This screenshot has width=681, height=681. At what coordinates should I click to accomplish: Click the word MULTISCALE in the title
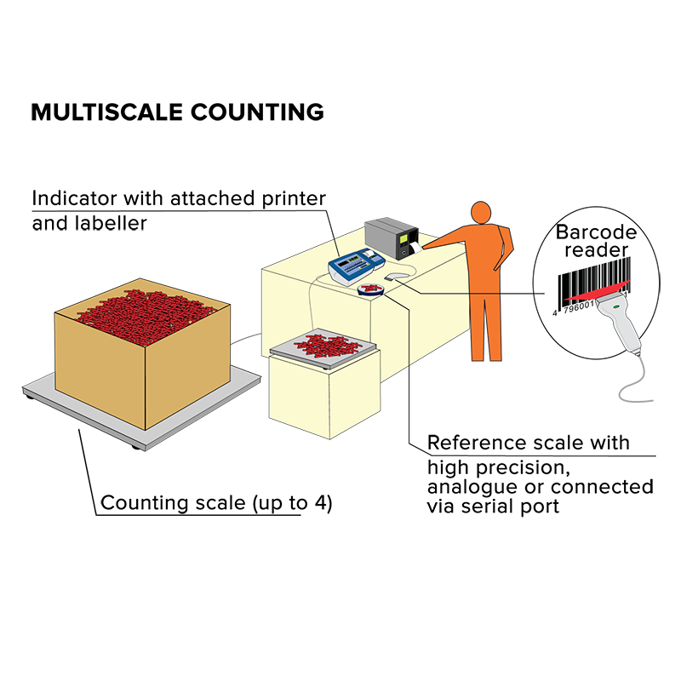tap(107, 112)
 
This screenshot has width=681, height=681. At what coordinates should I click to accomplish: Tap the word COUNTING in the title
tap(257, 112)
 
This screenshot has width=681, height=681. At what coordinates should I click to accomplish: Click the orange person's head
tap(481, 213)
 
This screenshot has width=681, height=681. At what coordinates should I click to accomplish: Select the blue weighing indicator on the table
tap(356, 266)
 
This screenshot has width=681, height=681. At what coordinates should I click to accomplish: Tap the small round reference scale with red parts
tap(371, 289)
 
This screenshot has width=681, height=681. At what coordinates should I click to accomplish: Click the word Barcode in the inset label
tap(596, 232)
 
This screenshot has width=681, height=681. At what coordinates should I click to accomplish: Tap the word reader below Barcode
tap(597, 249)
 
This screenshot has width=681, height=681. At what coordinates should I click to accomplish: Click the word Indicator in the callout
tap(75, 198)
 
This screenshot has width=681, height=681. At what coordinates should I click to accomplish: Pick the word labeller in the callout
tap(111, 223)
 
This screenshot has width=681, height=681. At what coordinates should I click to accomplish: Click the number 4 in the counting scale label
tap(321, 502)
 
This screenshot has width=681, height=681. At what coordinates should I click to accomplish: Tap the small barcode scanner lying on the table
tap(396, 276)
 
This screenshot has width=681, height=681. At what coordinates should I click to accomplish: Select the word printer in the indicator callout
tap(294, 199)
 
